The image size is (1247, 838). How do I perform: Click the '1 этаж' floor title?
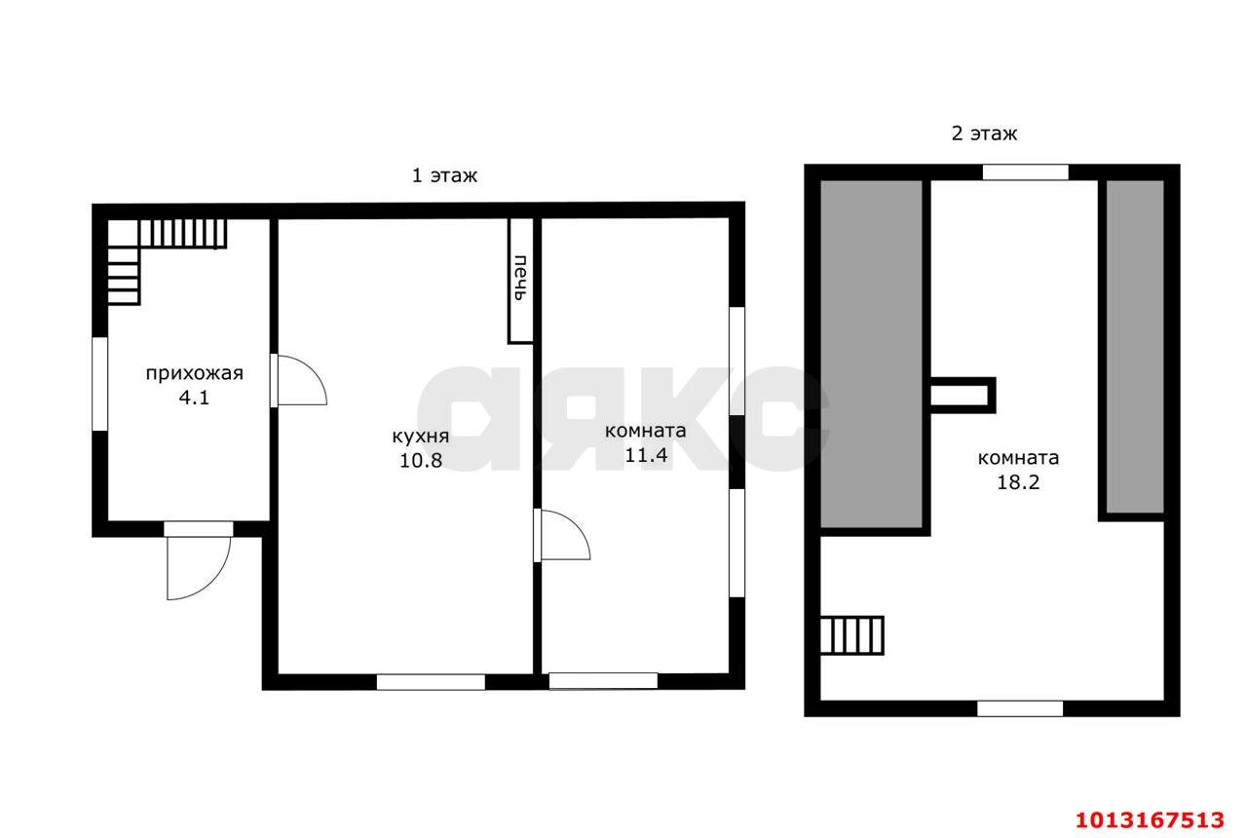coord(444,176)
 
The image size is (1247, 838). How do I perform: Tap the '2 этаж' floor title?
coord(984,133)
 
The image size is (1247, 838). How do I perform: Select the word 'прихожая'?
coord(194,373)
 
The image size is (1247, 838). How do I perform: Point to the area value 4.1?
coord(194,398)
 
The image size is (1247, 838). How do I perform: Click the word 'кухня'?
coord(420,437)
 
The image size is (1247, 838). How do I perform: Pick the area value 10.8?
coord(421,461)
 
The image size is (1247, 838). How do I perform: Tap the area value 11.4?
coord(646,455)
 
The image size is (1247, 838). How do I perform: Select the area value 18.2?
coord(1018,482)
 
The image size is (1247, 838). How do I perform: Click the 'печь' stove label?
coord(520,278)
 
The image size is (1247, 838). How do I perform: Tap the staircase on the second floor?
coord(851,634)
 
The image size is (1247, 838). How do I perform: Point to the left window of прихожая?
coord(99,384)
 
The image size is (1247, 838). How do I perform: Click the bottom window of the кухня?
coord(431,681)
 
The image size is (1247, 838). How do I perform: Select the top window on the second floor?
coord(1026,172)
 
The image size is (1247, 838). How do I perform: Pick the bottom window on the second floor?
coord(1020,708)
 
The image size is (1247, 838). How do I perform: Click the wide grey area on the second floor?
coord(871,354)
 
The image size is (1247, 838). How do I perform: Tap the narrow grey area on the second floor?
coord(1135,346)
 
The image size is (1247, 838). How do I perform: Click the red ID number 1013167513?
coord(1151,820)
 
